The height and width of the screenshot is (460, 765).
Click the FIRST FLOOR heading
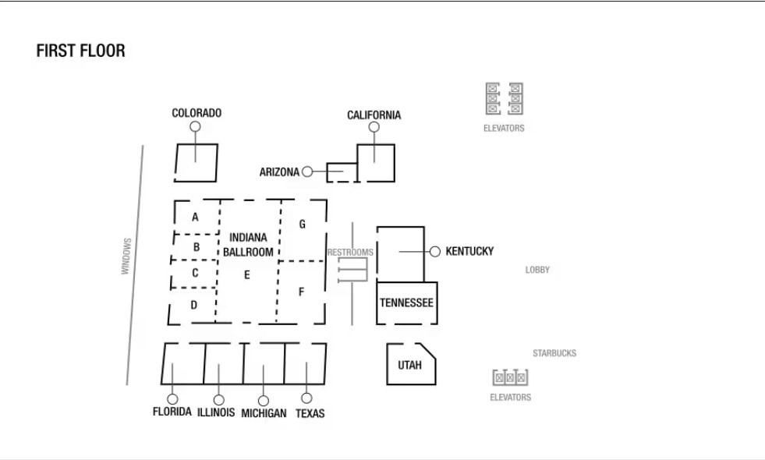pos(80,51)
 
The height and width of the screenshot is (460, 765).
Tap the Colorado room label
pos(197,113)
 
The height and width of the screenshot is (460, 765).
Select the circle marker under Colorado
pos(195,126)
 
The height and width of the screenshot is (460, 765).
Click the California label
pos(374,115)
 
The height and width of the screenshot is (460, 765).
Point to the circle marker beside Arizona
pos(307,172)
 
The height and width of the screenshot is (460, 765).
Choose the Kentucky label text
pos(469,251)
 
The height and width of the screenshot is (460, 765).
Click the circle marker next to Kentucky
pos(435,252)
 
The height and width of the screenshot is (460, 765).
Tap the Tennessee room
pos(406,302)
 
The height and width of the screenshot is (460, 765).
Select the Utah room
pos(409,364)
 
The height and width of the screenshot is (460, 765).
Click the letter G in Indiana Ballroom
pos(302,225)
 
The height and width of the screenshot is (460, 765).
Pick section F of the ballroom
pos(301,292)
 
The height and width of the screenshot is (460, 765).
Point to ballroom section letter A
pos(195,217)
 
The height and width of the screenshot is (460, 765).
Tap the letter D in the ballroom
pos(194,305)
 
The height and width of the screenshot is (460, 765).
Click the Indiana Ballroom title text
pos(248,244)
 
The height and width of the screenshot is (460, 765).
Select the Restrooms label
pos(350,253)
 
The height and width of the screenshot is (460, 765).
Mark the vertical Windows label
pos(126,256)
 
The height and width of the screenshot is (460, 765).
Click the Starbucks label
pos(554,353)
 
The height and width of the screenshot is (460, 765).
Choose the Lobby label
pos(537,270)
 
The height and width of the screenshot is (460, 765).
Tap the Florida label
pos(172,412)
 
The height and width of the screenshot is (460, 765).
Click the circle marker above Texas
pos(306,398)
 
